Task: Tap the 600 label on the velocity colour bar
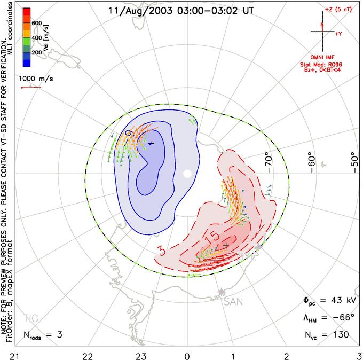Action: click(37, 23)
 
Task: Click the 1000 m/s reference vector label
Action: click(36, 78)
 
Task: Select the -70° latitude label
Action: click(269, 160)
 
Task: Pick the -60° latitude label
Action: click(313, 160)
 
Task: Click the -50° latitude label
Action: click(353, 160)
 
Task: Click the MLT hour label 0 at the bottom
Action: click(187, 355)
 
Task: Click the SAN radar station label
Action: click(233, 302)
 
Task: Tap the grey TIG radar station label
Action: click(30, 319)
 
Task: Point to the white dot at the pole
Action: click(187, 174)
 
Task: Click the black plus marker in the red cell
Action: click(226, 246)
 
